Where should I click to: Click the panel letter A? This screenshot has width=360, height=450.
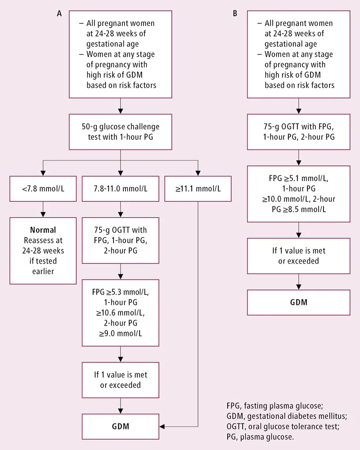click(x=59, y=14)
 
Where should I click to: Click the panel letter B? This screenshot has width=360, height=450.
click(x=234, y=14)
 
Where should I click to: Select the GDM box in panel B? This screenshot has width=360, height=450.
click(x=298, y=302)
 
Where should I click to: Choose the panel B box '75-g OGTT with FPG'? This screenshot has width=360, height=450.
click(x=298, y=132)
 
